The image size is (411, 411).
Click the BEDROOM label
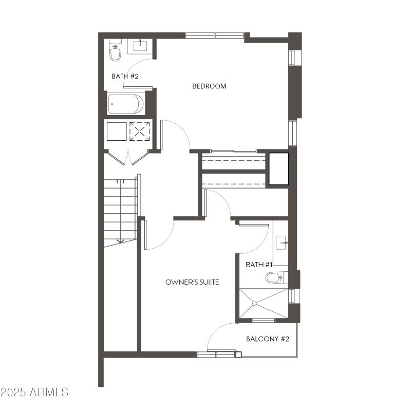click(209, 86)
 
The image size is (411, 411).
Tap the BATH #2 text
click(125, 76)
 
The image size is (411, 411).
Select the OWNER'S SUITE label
click(193, 282)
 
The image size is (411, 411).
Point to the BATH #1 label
click(259, 265)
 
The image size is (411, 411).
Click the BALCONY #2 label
click(268, 339)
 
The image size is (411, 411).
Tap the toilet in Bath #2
click(115, 50)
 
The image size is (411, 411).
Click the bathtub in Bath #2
click(126, 104)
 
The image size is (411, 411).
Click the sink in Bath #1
click(281, 241)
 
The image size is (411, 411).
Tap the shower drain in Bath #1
click(253, 303)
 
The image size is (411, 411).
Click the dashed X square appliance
click(140, 131)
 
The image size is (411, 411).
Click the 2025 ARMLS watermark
click(34, 393)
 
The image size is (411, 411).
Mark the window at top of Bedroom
click(214, 35)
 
